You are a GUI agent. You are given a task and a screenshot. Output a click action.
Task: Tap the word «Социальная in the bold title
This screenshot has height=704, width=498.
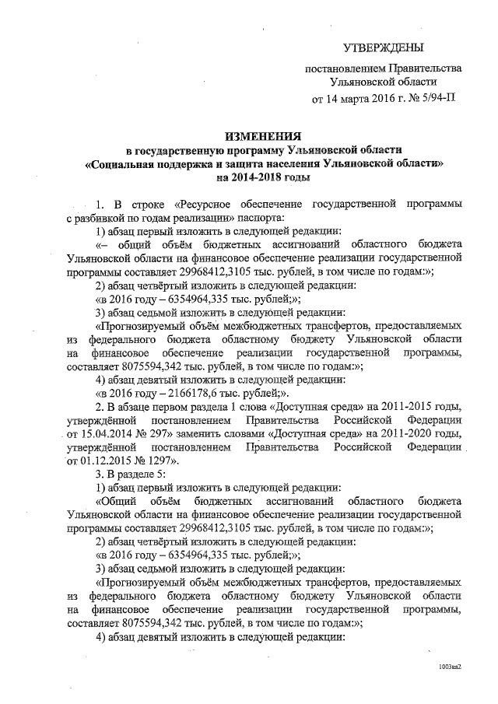[122, 164]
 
